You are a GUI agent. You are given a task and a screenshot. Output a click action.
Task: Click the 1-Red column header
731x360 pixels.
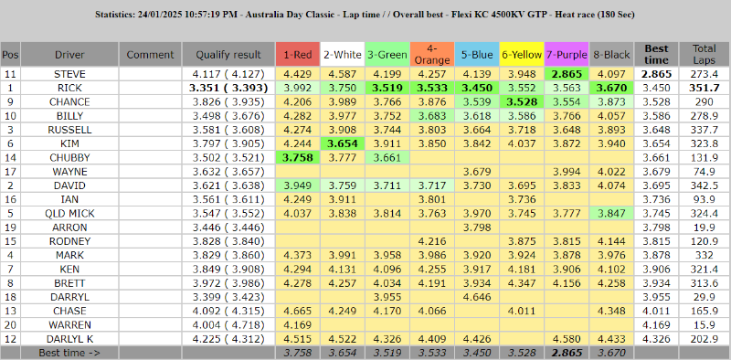[x=297, y=54]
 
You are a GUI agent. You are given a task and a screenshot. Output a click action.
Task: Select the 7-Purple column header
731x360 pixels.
[x=567, y=54]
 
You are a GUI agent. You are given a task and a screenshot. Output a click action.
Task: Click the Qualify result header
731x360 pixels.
[x=227, y=54]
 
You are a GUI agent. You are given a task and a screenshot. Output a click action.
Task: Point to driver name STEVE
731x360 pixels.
[x=69, y=73]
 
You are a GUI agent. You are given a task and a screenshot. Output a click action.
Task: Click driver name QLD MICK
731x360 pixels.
[x=69, y=213]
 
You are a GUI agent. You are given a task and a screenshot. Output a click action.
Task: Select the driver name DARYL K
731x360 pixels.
[x=69, y=339]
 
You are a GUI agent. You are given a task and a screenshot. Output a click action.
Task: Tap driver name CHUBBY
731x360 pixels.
[x=69, y=157]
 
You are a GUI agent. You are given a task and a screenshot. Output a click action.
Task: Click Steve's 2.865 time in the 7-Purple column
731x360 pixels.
[x=567, y=73]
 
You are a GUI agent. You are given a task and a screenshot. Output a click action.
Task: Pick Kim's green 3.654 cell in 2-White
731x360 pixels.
[x=342, y=143]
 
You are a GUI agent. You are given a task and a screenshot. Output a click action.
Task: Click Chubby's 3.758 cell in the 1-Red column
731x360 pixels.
[x=297, y=157]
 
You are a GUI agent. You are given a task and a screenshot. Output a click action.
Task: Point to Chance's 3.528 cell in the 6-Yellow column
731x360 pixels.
[x=521, y=101]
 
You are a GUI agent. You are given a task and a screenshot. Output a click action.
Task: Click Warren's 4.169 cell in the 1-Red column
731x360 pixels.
[x=297, y=324]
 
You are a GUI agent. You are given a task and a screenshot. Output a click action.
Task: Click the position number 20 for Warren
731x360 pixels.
[x=10, y=324]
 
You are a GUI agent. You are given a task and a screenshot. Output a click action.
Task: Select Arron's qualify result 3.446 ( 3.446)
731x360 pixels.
[x=228, y=227]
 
